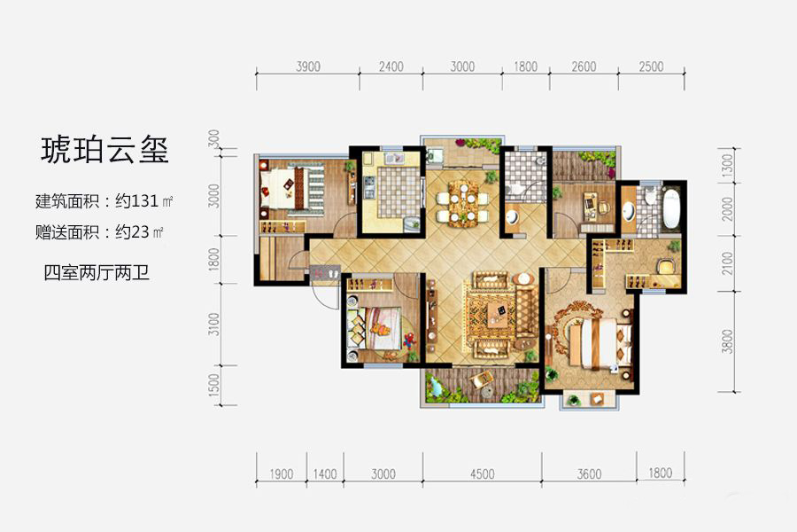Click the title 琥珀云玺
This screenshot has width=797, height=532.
tap(104, 148)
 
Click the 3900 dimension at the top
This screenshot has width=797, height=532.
tap(307, 66)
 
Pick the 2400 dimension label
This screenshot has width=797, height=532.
tap(391, 66)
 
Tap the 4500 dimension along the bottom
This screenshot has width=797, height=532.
tap(483, 474)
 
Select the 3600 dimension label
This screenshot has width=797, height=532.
tap(589, 474)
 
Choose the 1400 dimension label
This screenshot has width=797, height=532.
tap(325, 474)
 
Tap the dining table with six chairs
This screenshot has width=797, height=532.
tap(463, 200)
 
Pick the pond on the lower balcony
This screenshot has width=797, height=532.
tap(437, 386)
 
